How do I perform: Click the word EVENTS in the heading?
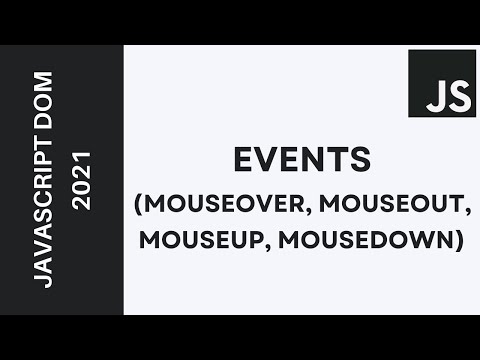pyautogui.click(x=300, y=161)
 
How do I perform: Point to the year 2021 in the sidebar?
pyautogui.click(x=81, y=180)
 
